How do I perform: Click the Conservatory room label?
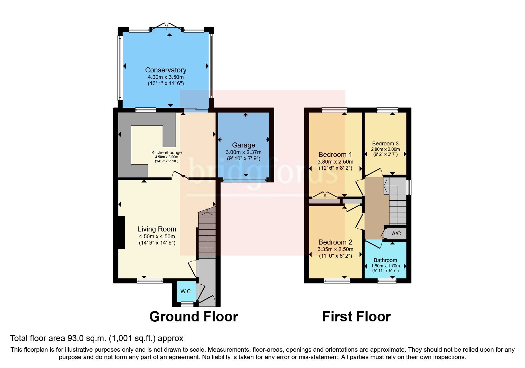point(166,70)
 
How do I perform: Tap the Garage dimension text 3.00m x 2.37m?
point(243,152)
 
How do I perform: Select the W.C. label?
point(186,291)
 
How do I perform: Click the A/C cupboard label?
point(396,234)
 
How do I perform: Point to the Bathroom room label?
point(385,260)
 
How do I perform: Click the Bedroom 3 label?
point(385,144)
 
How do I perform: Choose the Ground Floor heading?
point(194,317)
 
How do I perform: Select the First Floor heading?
point(356,317)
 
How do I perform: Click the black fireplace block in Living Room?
point(121,232)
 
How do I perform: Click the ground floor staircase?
point(207,234)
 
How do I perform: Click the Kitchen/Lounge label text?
point(166,153)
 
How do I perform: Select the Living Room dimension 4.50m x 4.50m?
point(157,237)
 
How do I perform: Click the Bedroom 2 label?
point(335,242)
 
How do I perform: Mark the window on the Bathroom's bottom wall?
point(387,280)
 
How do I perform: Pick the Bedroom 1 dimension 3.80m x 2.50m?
point(335,162)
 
